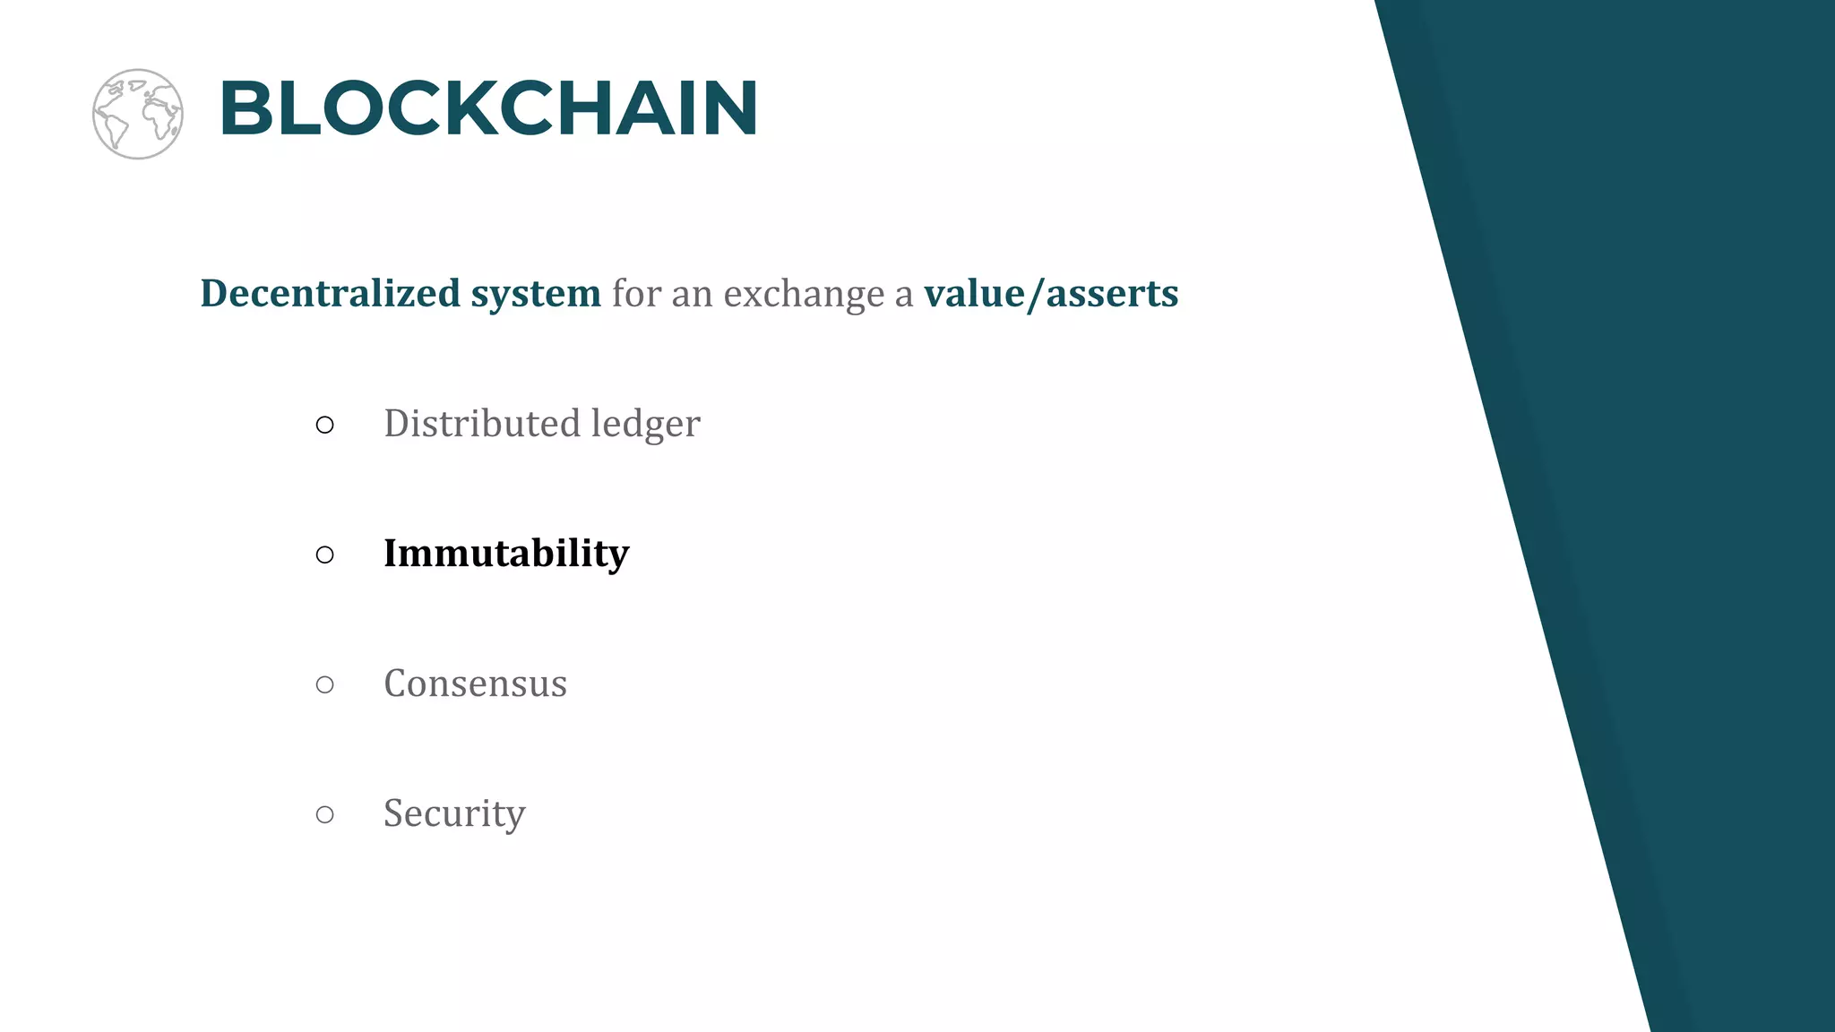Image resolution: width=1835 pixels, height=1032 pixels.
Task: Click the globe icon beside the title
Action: pyautogui.click(x=138, y=114)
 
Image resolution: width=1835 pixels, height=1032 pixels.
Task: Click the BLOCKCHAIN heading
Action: pyautogui.click(x=488, y=108)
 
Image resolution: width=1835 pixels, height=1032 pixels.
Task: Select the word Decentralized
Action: pyautogui.click(x=330, y=293)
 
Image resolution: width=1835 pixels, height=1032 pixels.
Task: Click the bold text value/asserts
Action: pyautogui.click(x=1051, y=294)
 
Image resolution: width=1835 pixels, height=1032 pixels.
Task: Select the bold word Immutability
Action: pyautogui.click(x=506, y=554)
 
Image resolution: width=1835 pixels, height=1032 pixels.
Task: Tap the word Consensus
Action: pyautogui.click(x=475, y=684)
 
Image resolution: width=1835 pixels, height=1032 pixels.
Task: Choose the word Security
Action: pyautogui.click(x=454, y=813)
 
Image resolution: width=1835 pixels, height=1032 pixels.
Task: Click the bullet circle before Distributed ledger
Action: pyautogui.click(x=325, y=425)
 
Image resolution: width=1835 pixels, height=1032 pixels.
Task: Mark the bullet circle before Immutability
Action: pyautogui.click(x=325, y=555)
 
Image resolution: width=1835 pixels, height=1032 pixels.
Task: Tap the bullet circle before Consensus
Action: pyautogui.click(x=325, y=684)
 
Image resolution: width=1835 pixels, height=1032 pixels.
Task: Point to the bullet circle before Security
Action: pyautogui.click(x=325, y=814)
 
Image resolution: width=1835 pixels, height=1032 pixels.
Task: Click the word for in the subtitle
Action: pyautogui.click(x=635, y=293)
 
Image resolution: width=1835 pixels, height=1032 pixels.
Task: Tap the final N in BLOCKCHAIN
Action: pyautogui.click(x=728, y=108)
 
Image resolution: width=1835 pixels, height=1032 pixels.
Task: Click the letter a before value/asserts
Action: pyautogui.click(x=903, y=296)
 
